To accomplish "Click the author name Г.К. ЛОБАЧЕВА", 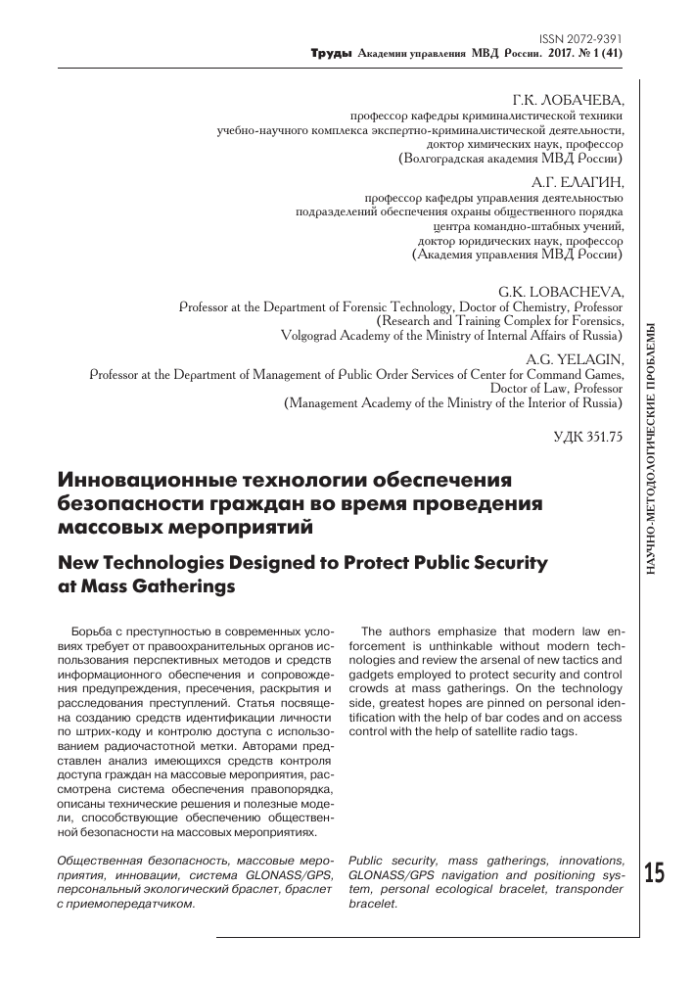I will (x=567, y=100).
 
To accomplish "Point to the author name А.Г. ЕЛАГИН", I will (x=577, y=181).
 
